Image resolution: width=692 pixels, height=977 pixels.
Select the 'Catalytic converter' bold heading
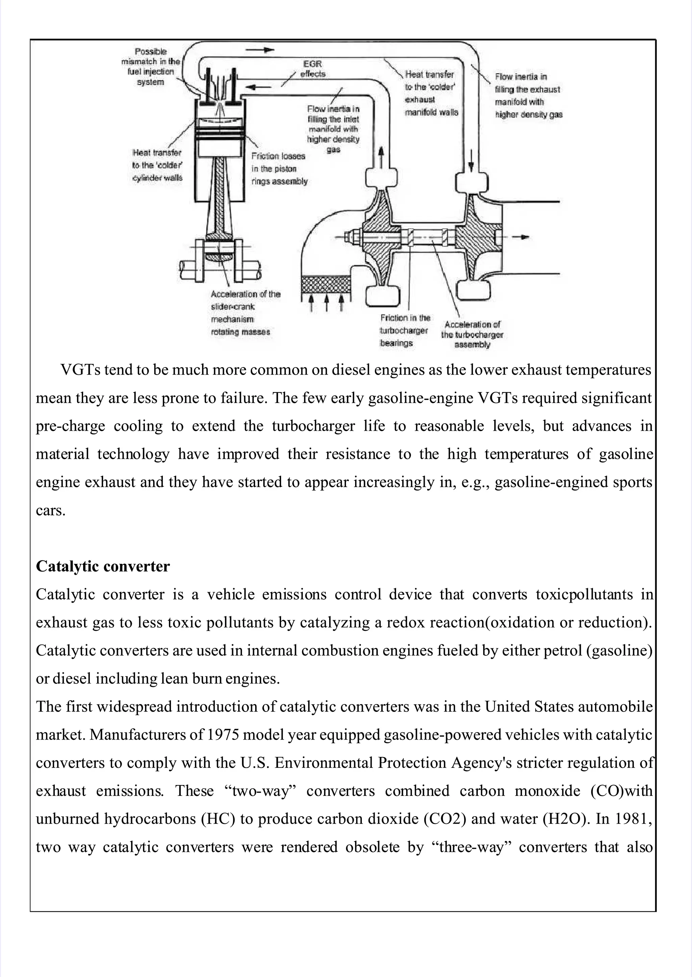[x=103, y=566]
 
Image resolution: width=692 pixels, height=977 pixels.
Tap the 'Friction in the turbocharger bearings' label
[x=404, y=330]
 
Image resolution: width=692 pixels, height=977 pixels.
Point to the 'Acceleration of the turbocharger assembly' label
[x=472, y=334]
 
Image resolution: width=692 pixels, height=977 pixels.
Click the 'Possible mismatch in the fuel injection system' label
[x=151, y=67]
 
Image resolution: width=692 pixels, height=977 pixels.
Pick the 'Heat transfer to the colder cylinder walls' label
[x=157, y=165]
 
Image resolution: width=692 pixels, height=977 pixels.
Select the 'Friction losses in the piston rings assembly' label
[x=279, y=169]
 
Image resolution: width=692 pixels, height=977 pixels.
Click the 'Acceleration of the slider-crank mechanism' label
[x=245, y=313]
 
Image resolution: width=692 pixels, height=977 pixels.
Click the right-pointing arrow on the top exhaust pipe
[x=260, y=50]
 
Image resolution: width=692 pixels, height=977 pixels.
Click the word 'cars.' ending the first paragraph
[x=50, y=510]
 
